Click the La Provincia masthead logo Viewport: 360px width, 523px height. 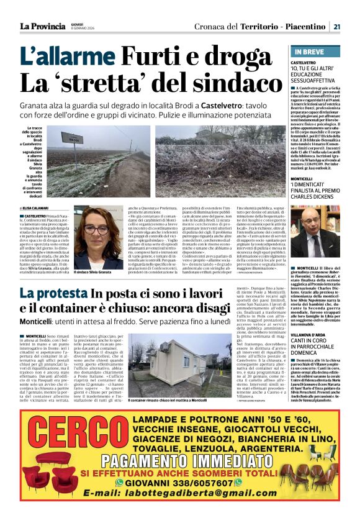pyautogui.click(x=42, y=26)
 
